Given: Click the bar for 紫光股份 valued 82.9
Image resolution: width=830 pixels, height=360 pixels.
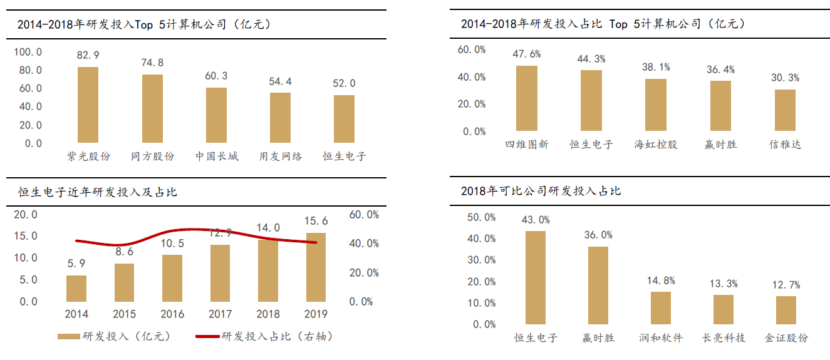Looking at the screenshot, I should click(x=88, y=105).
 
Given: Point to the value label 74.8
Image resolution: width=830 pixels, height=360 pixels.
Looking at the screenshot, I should click(x=152, y=63).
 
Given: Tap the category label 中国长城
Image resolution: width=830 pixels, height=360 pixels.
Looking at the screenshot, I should click(x=217, y=157).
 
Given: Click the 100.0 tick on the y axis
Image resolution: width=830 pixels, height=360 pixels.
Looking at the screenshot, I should click(x=28, y=52).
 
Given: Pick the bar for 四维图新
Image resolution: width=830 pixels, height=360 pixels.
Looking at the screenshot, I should click(x=527, y=98).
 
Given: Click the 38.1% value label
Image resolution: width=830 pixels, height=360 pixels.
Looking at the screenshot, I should click(x=656, y=67).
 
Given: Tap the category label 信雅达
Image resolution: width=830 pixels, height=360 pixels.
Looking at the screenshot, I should click(x=786, y=145).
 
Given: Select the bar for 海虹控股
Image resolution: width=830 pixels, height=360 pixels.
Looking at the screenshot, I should click(x=656, y=105).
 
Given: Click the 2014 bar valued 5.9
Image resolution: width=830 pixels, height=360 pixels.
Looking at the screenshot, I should click(x=76, y=289).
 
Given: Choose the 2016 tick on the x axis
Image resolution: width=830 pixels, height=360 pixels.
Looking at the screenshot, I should click(x=172, y=314).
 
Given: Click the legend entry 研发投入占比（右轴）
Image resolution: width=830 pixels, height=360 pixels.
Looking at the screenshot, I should click(x=263, y=337).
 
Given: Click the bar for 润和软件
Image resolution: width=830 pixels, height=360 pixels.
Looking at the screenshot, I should click(x=660, y=308).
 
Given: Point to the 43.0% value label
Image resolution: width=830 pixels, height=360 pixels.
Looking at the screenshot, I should click(x=536, y=220).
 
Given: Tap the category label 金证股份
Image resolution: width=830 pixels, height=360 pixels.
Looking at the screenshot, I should click(x=786, y=338).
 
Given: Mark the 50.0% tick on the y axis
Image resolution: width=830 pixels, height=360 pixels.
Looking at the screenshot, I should click(x=482, y=217).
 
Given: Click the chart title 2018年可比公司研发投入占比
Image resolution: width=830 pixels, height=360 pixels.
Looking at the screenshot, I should click(x=541, y=191).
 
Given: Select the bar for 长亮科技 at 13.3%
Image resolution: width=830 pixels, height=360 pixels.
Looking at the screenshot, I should click(x=723, y=310).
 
